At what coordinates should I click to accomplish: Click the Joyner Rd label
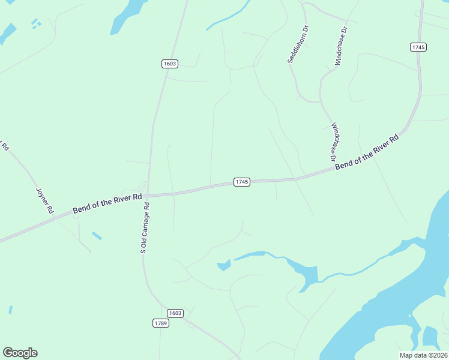click(x=45, y=199)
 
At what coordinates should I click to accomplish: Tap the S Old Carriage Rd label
click(x=145, y=228)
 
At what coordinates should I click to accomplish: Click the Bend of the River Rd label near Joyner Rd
click(x=107, y=203)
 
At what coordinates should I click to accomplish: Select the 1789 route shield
click(x=160, y=323)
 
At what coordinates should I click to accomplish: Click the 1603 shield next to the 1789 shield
click(x=175, y=313)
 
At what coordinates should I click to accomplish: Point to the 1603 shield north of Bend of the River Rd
click(x=170, y=64)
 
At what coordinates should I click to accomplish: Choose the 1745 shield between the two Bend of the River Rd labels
click(x=241, y=181)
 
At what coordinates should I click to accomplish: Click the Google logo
click(x=20, y=352)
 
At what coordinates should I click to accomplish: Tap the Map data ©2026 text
click(x=423, y=355)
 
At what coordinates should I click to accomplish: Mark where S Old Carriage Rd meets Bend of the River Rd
click(x=148, y=195)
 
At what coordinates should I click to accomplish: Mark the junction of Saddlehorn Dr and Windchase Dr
click(x=320, y=101)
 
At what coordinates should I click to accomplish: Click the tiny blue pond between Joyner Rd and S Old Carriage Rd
click(x=97, y=236)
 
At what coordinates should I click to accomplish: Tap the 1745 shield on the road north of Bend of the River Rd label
click(x=418, y=47)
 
